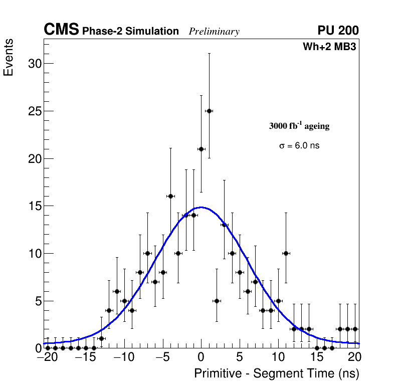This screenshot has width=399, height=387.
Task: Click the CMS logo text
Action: pyautogui.click(x=61, y=30)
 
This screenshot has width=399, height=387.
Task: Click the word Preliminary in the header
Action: pyautogui.click(x=214, y=32)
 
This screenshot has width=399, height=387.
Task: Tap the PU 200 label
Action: pyautogui.click(x=338, y=31)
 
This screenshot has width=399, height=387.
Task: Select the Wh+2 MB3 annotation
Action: pyautogui.click(x=329, y=47)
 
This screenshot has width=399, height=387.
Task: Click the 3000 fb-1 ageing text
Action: pyautogui.click(x=299, y=126)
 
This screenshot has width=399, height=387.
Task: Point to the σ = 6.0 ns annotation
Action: pyautogui.click(x=299, y=146)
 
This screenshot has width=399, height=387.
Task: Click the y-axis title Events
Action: pyautogui.click(x=9, y=57)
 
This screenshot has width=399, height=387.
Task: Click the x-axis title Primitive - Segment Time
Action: pyautogui.click(x=276, y=374)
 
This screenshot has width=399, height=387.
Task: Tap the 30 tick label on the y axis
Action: pyautogui.click(x=34, y=64)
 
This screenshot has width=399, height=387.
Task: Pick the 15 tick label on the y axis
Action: pyautogui.click(x=34, y=206)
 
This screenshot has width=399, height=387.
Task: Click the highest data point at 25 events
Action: pyautogui.click(x=209, y=111)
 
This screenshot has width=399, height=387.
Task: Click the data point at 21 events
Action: pyautogui.click(x=201, y=149)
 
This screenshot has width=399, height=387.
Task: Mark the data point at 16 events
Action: pyautogui.click(x=170, y=196)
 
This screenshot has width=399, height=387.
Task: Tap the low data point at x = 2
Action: pyautogui.click(x=217, y=301)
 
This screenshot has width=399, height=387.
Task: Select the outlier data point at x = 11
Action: pyautogui.click(x=286, y=253)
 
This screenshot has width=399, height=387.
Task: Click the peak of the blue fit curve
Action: pyautogui.click(x=201, y=207)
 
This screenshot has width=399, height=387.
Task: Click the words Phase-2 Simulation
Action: pyautogui.click(x=130, y=32)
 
